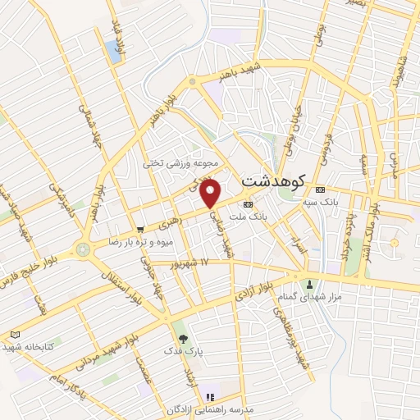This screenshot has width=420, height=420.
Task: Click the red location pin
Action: (212, 194)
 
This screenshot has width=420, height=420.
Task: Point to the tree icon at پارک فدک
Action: (182, 337)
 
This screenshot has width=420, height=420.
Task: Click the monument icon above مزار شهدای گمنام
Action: (310, 285)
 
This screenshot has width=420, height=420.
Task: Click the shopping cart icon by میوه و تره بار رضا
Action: (142, 231)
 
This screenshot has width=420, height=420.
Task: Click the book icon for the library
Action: (14, 335)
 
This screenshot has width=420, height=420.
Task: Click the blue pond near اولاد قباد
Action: (112, 51)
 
